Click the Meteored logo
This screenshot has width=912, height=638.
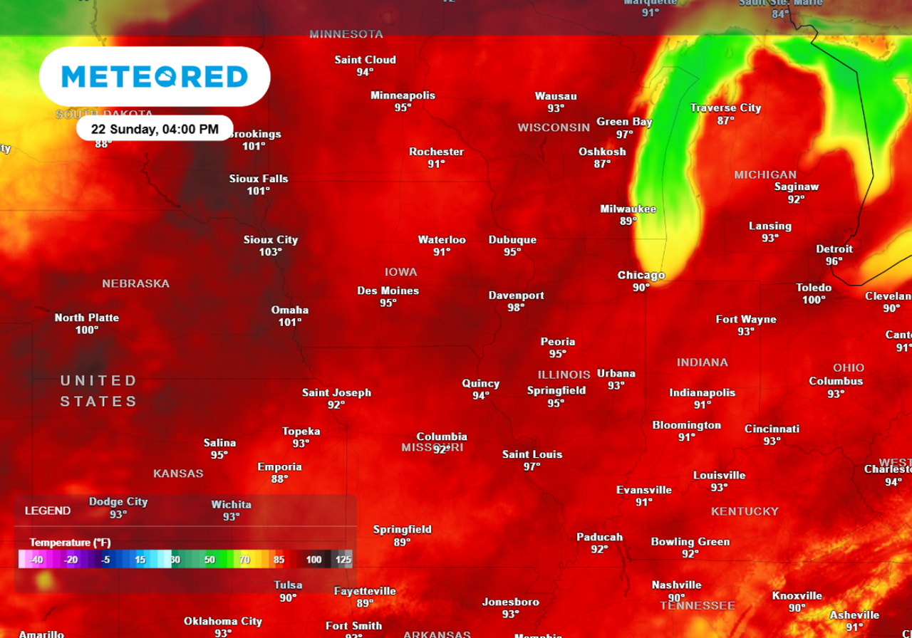point(155,77)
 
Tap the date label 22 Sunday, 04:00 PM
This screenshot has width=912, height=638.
point(155,129)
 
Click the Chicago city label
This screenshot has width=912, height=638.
point(641,276)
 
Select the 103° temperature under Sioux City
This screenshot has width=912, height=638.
point(270,252)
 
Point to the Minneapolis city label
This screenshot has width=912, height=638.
point(403,95)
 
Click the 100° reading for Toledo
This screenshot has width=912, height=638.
point(814,300)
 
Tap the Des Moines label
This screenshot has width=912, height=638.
point(388,291)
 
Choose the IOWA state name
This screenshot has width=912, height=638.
point(400,272)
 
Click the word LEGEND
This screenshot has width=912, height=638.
point(48,511)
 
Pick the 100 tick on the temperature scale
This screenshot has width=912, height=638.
point(314,560)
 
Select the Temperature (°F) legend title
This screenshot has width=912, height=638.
point(70,543)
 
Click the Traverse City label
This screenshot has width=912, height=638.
point(725,108)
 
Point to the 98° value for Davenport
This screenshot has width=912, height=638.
point(516,308)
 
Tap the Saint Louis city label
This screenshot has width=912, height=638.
point(532,454)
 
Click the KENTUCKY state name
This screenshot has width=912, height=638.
point(745,511)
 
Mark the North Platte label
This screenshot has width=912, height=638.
point(87,318)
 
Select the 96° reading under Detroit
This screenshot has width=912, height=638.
point(834,261)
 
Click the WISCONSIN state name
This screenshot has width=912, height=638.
point(554,127)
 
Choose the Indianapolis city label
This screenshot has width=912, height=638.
point(702,392)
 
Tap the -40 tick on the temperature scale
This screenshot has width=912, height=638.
point(37,560)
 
